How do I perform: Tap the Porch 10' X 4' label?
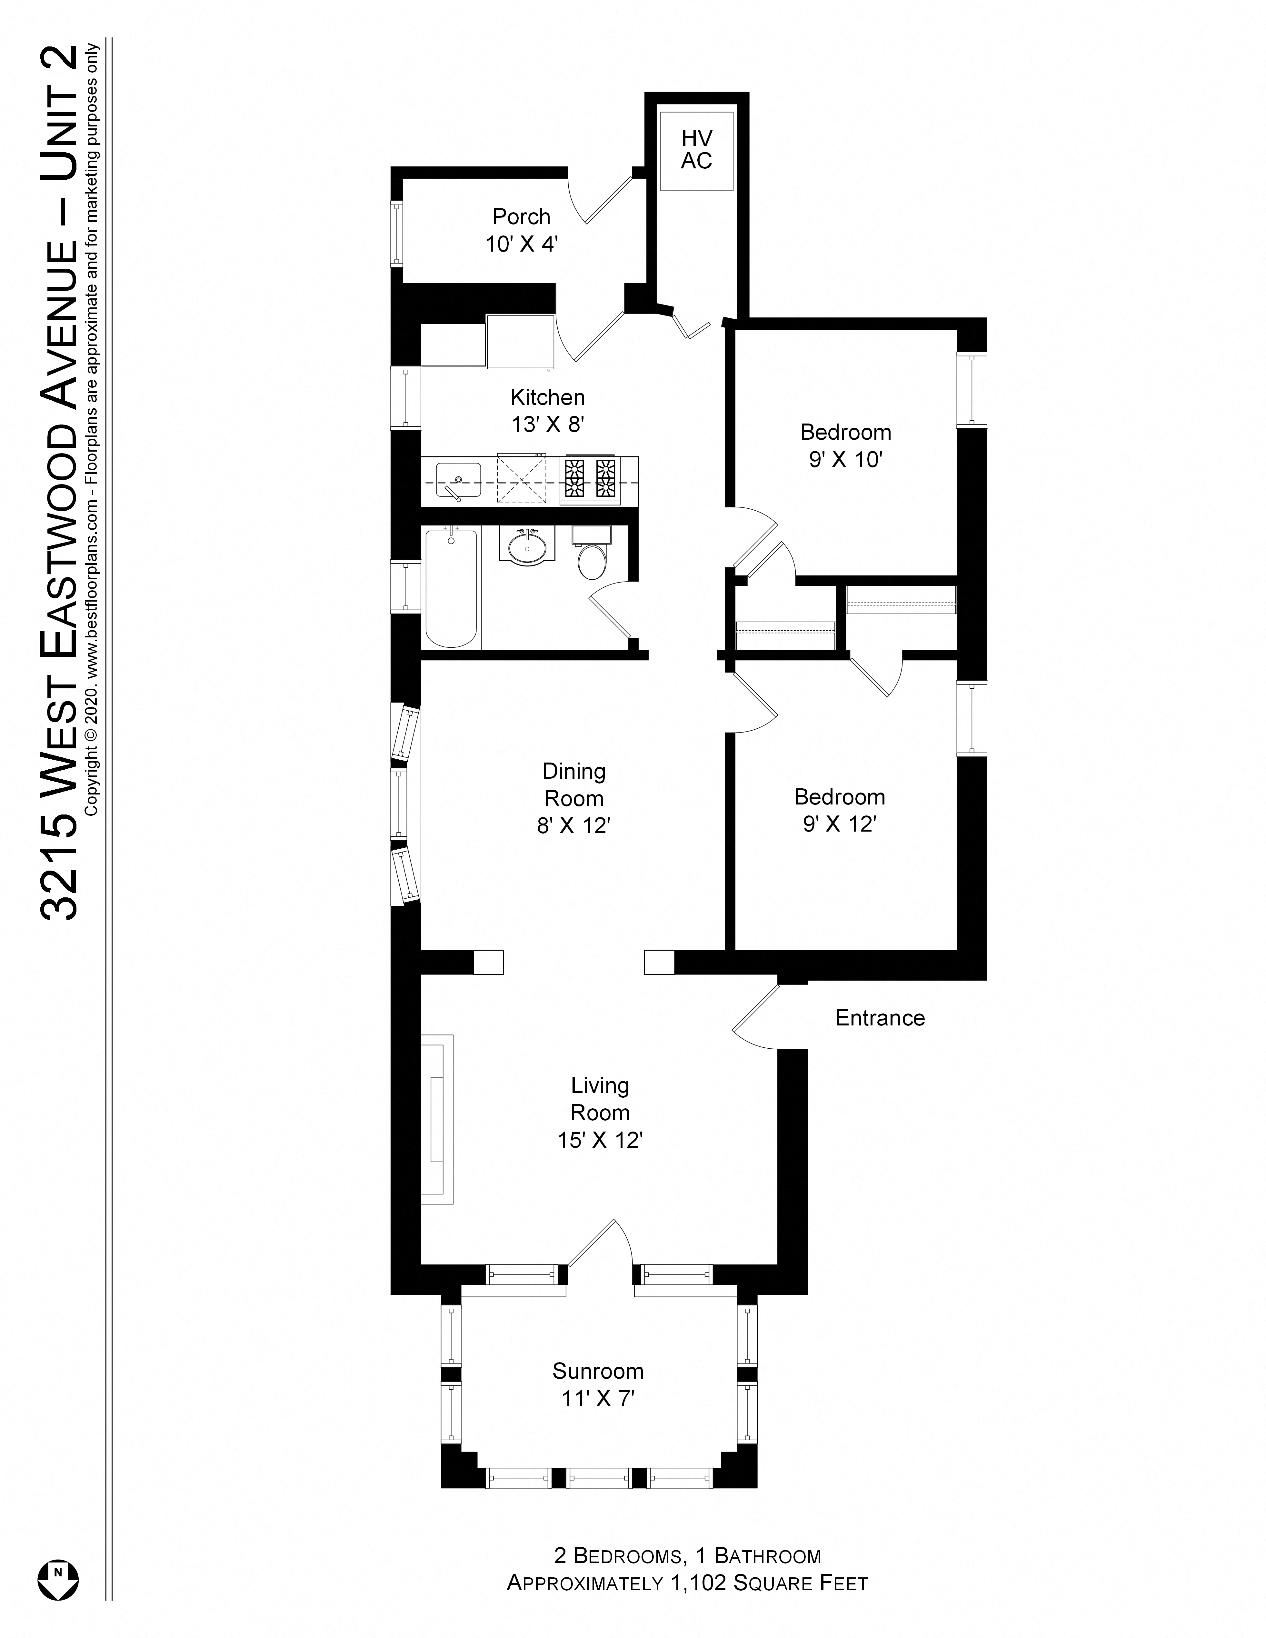[x=521, y=230]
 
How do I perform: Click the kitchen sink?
[x=457, y=478]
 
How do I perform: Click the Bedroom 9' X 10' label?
[x=845, y=445]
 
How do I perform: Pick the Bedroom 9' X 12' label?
[x=839, y=810]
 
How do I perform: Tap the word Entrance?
[x=880, y=1018]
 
